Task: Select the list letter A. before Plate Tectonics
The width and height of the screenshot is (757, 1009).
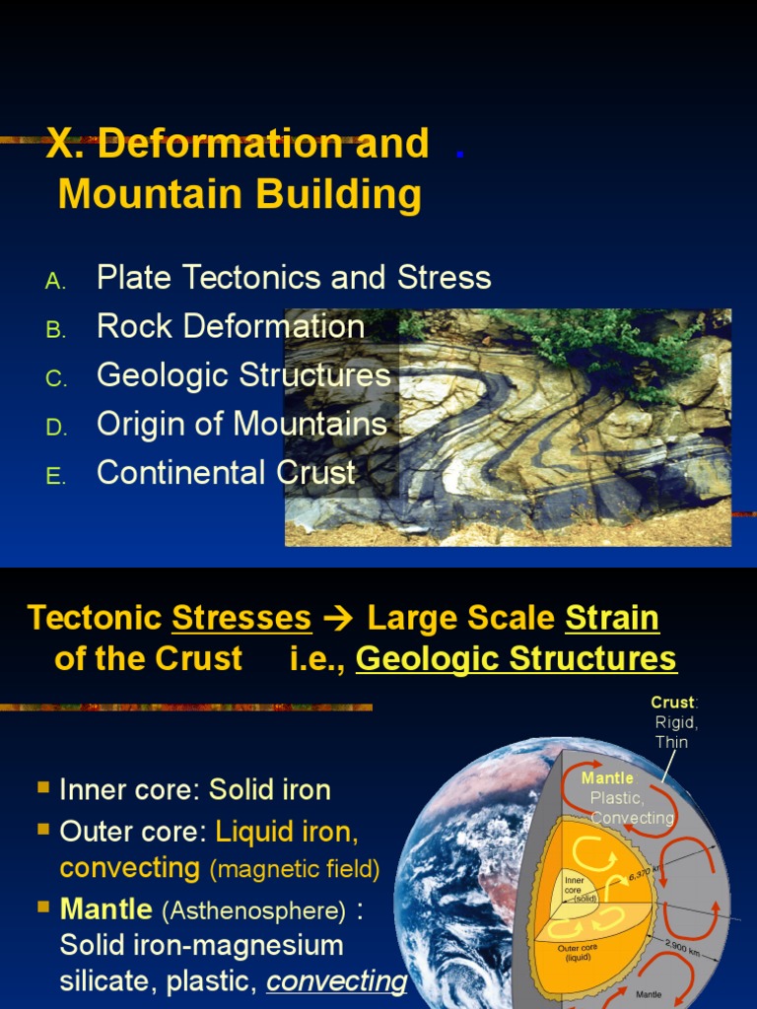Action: coord(55,281)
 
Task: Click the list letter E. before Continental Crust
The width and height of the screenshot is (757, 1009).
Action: coord(55,477)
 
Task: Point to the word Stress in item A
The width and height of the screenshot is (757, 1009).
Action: coord(444,278)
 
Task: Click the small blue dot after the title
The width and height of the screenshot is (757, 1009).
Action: coord(460,154)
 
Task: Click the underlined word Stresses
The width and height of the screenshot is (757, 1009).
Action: coord(241,619)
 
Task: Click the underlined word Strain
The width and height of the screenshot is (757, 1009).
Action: coord(611,619)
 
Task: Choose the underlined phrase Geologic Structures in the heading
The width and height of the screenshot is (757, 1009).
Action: coord(516,659)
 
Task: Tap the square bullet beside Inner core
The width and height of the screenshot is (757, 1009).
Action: coord(43,787)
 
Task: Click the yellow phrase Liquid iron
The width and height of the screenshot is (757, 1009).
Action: coord(287,832)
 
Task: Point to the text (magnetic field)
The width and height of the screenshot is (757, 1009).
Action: coord(294,869)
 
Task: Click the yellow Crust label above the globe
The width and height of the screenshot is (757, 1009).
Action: coord(673,703)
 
